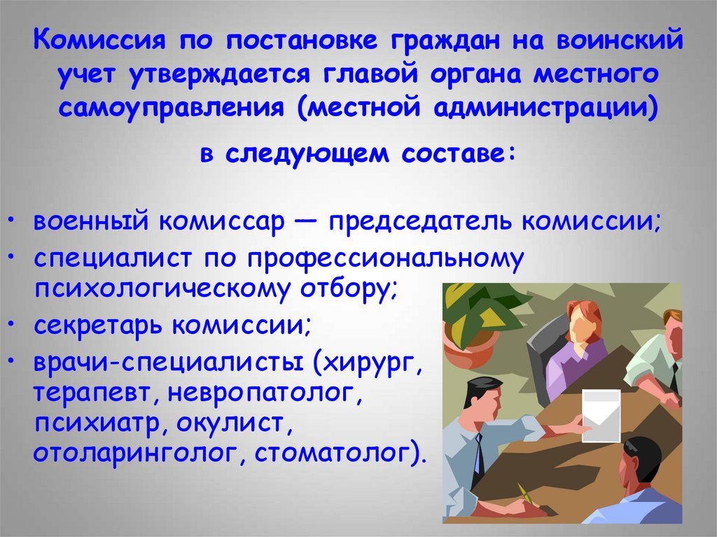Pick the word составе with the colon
[458, 153]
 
